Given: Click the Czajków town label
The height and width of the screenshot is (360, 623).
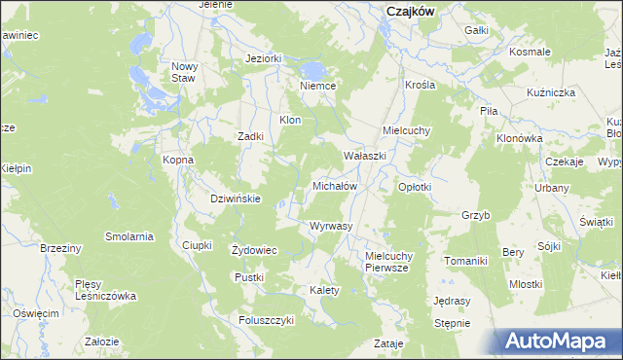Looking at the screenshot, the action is tap(409, 11).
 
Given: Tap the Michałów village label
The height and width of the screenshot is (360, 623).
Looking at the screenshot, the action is tap(335, 185).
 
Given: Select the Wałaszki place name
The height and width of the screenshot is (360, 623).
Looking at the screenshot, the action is tap(365, 156).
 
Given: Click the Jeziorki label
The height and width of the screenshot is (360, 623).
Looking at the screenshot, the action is tap(264, 58).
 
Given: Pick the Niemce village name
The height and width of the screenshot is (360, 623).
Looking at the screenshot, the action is tap(318, 86).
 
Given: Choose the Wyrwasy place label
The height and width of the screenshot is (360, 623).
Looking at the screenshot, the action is tap(330, 226).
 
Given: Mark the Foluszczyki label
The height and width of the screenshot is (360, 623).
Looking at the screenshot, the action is tap(267, 320).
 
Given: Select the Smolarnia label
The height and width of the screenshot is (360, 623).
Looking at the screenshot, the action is tap(130, 236).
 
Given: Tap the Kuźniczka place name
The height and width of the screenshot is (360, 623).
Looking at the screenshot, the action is tap(551, 91).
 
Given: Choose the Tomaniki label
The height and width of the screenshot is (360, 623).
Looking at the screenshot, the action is tap(465, 261).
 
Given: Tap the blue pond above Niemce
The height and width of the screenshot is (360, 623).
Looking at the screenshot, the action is tap(313, 70).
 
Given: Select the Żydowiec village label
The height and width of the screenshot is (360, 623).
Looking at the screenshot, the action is tap(254, 250).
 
